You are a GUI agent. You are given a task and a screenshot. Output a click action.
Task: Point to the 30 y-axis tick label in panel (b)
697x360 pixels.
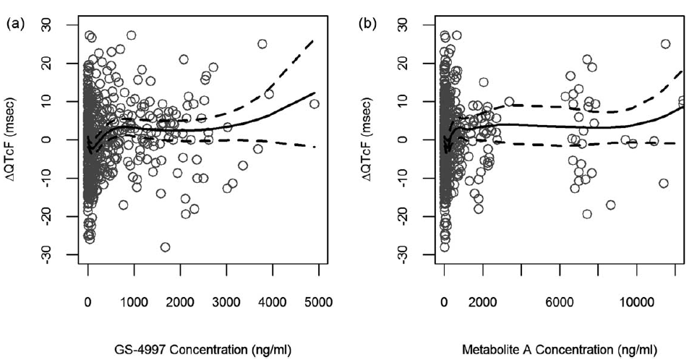(405, 25)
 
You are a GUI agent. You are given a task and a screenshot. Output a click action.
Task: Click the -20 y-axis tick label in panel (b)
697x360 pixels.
(405, 216)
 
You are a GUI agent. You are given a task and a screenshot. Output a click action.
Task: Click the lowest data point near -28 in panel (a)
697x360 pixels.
(165, 247)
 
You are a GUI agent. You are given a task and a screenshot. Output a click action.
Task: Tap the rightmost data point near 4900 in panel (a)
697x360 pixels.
(314, 103)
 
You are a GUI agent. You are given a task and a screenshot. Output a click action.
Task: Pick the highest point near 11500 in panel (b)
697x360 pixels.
(665, 44)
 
